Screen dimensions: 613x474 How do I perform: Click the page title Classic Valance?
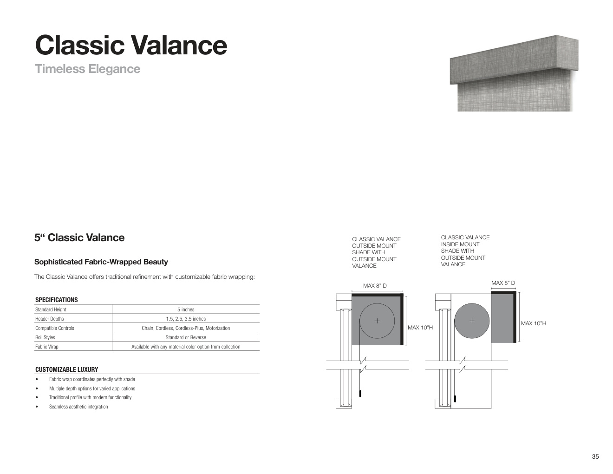coord(131,45)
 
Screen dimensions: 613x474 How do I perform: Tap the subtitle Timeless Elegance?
coord(87,69)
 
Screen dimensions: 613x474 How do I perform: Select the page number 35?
coord(595,456)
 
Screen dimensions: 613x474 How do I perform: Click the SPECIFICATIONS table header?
coord(56,300)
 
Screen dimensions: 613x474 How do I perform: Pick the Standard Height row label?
coord(51,309)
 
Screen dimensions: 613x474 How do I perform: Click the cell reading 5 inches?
coord(186,309)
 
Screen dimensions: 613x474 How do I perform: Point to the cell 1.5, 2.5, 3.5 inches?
coord(186,319)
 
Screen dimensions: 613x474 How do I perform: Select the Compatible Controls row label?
coord(55,328)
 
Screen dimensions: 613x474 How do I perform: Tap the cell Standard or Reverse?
coord(186,337)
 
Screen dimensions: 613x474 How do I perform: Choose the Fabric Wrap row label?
coord(47,347)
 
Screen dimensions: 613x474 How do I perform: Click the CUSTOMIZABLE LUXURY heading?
coord(66,369)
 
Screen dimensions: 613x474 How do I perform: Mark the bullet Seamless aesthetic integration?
coord(78,407)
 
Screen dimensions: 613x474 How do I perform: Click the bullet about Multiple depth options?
coord(92,388)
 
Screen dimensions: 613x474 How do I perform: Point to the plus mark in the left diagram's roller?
coord(377,321)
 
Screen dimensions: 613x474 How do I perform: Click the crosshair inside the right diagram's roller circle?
coord(472,321)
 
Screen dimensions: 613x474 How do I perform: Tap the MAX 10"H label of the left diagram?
coord(420,328)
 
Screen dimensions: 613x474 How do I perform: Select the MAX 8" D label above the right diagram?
coord(503,283)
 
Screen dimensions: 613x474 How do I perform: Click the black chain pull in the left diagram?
coord(360,394)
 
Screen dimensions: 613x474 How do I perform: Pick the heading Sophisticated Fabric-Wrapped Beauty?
coord(101,262)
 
